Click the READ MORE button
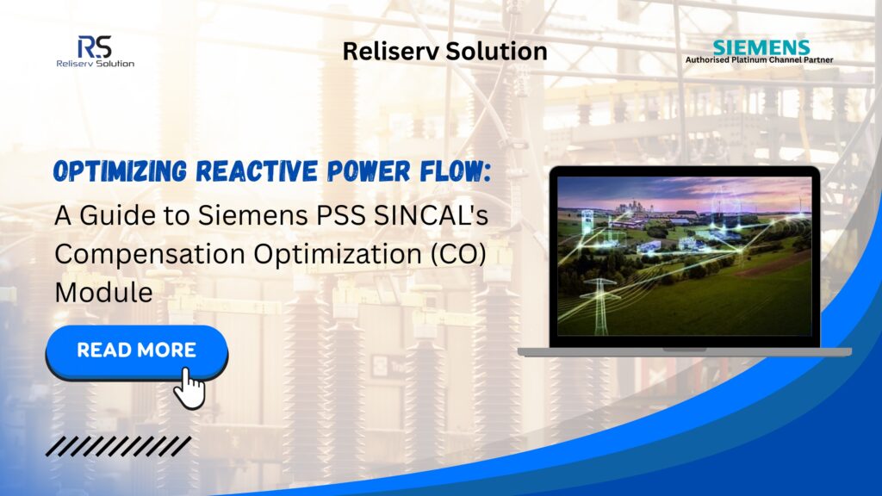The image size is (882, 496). click(x=137, y=351)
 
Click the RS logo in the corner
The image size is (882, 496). click(x=95, y=51)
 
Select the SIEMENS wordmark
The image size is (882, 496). click(x=761, y=47)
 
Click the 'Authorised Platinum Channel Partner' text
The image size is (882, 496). click(x=759, y=59)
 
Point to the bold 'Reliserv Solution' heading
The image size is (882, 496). click(x=444, y=51)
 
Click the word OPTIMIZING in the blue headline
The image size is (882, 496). click(x=120, y=171)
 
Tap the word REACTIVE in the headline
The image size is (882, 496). click(x=257, y=171)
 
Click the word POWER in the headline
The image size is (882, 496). click(x=369, y=171)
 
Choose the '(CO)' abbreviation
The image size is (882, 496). click(x=458, y=254)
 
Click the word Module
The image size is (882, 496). click(x=103, y=293)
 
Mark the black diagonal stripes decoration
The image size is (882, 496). click(x=119, y=446)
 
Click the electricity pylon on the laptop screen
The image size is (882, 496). click(x=599, y=304)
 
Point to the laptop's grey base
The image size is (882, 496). click(x=685, y=352)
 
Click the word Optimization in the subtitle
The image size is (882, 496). click(x=338, y=255)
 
